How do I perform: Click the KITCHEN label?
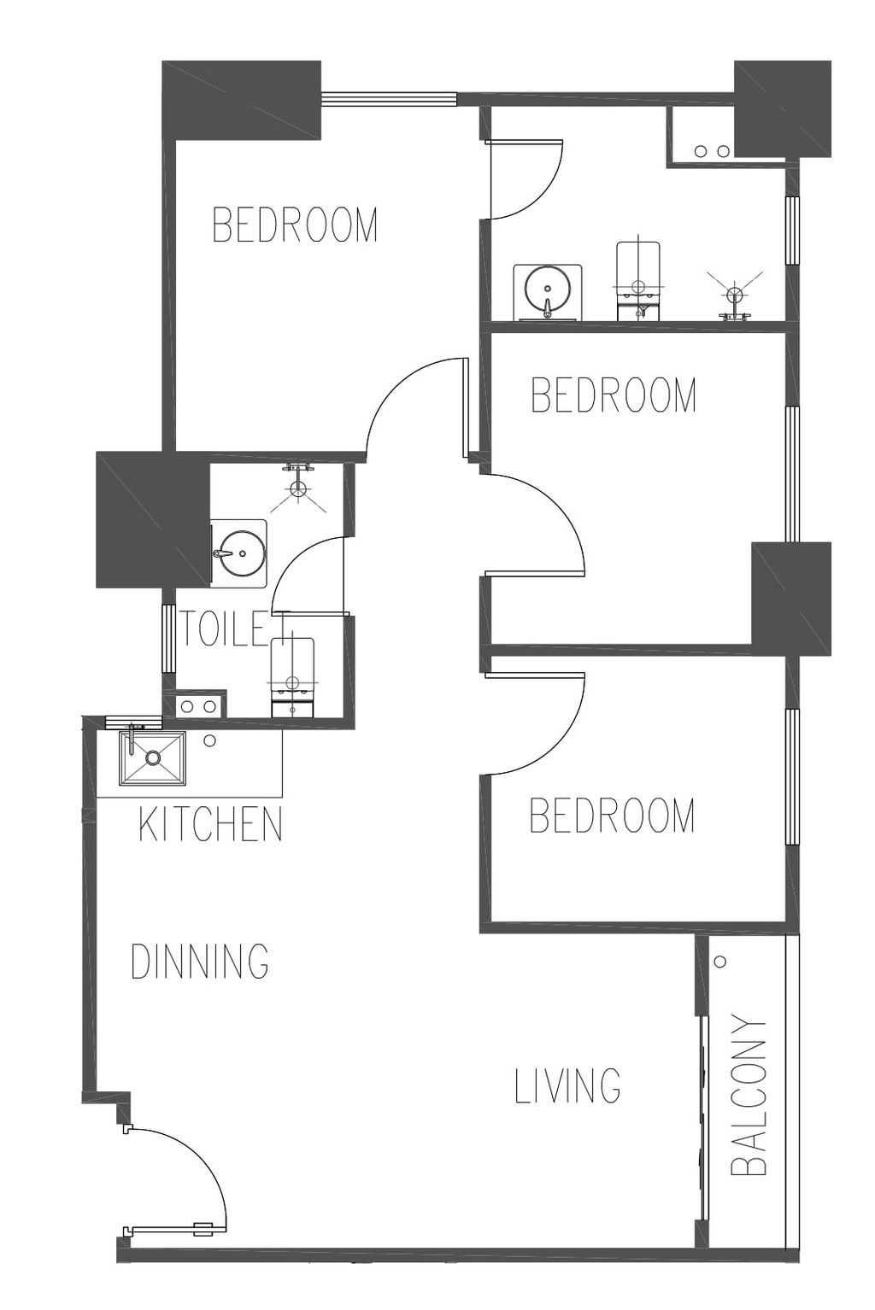click(211, 824)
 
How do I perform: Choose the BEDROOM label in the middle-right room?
click(614, 395)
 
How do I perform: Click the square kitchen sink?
click(153, 757)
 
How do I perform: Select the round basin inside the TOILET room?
click(238, 553)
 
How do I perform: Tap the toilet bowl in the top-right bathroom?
click(639, 281)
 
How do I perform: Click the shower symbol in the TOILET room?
click(298, 488)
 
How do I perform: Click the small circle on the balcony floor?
click(720, 961)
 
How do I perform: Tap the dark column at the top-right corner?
click(783, 108)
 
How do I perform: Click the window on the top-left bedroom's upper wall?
click(389, 99)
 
